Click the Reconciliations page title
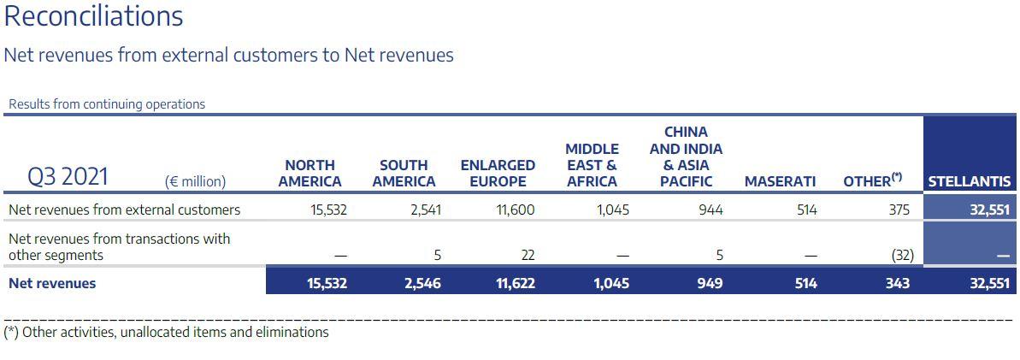point(94,16)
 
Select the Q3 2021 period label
point(68,177)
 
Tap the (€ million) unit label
point(195,181)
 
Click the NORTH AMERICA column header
point(310,173)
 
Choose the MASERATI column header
point(780,181)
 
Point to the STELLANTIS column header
point(970,181)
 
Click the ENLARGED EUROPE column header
point(498,173)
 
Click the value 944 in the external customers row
point(710,210)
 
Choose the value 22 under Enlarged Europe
point(527,255)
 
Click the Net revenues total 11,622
point(515,283)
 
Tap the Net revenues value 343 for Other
point(898,283)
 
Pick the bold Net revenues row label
point(52,283)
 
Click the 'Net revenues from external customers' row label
point(124,210)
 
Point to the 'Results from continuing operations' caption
point(107,104)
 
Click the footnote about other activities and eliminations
point(166,332)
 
